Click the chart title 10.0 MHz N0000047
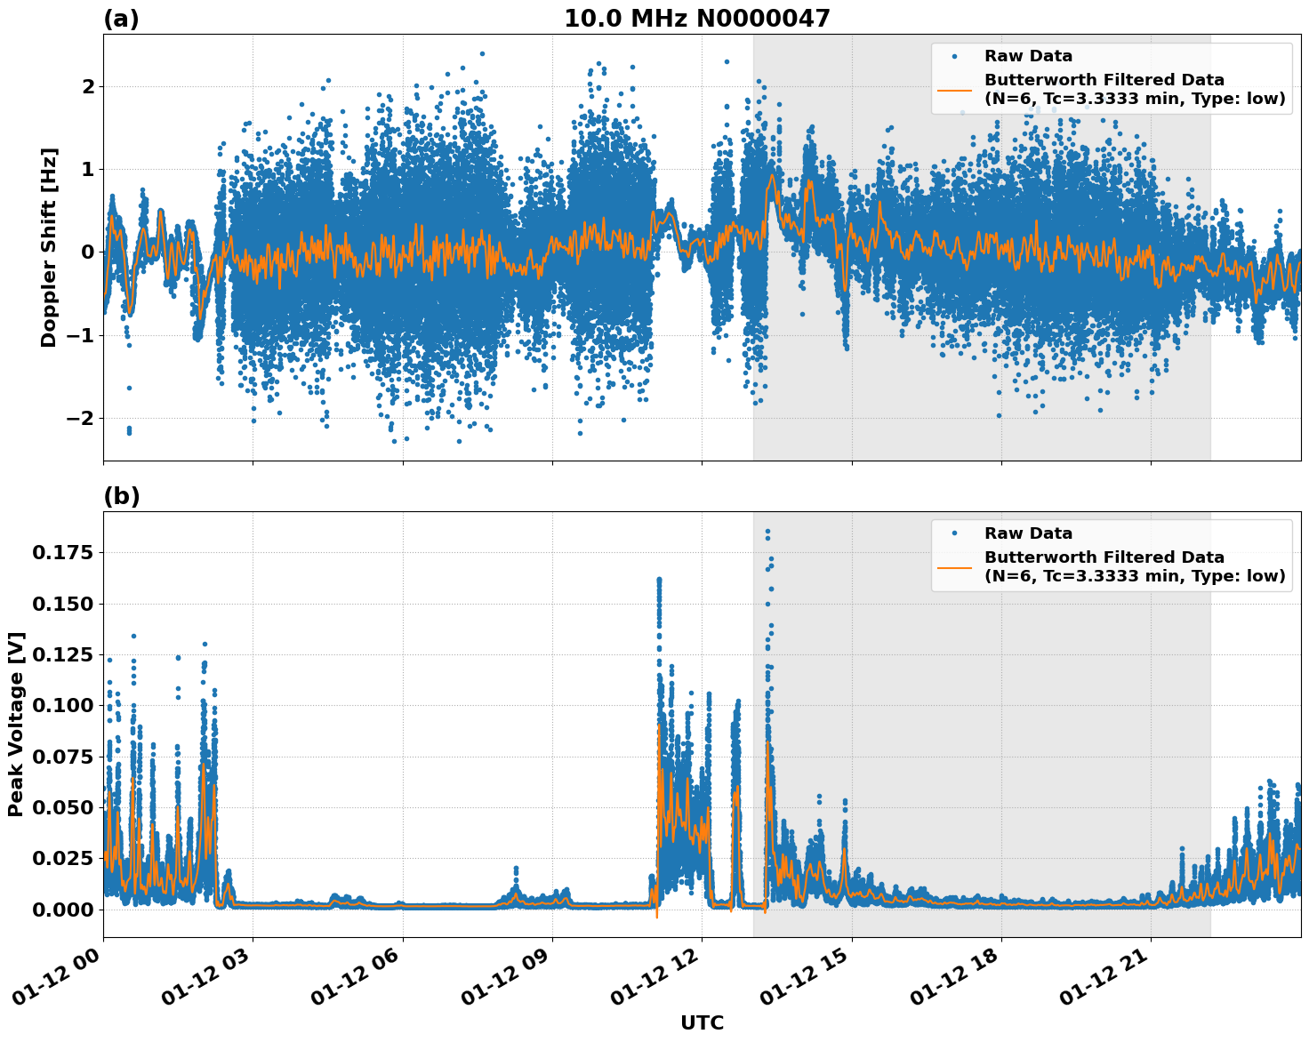coord(696,19)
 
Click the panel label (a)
coord(121,19)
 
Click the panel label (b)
coord(122,496)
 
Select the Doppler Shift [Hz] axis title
coord(49,247)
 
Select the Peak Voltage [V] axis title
coord(16,725)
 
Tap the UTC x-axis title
coord(702,1022)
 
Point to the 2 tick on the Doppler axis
coord(87,86)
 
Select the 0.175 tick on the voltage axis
coord(62,553)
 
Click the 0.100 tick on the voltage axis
coord(62,706)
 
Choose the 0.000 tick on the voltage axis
coord(62,910)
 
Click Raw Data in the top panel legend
coord(1028,56)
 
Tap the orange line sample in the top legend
coord(955,89)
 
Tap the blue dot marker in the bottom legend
coord(955,533)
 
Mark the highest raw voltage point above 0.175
coord(767,532)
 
